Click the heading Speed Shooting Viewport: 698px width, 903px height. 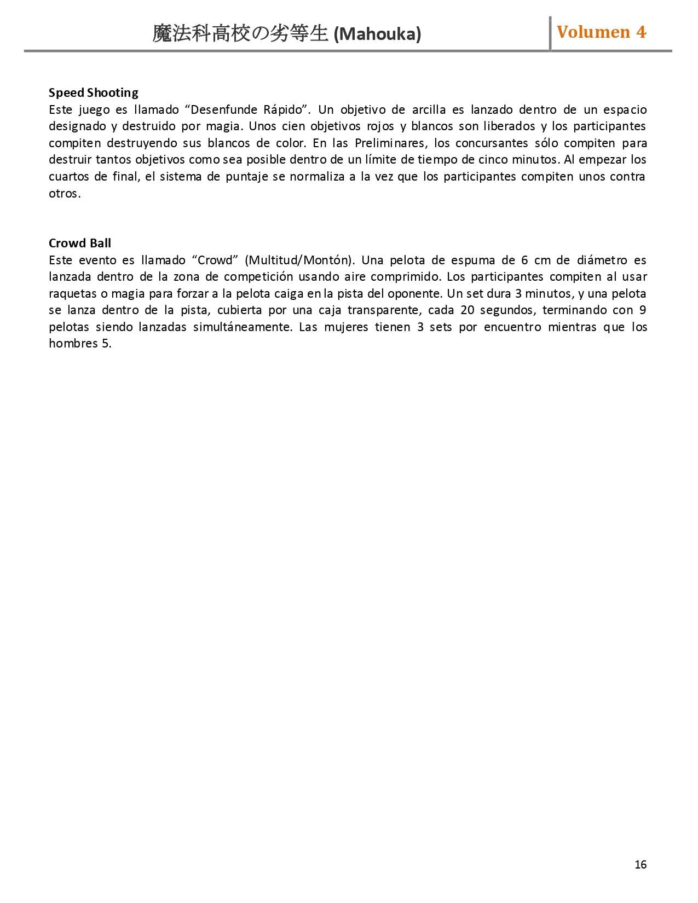(x=93, y=92)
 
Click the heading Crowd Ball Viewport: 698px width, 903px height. (x=79, y=243)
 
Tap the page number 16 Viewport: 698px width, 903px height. (x=641, y=865)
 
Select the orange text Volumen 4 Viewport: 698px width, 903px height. (x=601, y=32)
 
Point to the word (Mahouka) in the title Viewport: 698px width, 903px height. (x=377, y=34)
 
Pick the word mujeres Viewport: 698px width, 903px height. (x=346, y=327)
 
